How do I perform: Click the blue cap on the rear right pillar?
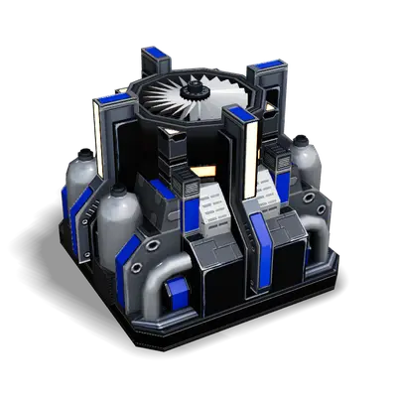[269, 65]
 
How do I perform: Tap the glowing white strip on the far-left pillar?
[97, 134]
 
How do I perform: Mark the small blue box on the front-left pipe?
[178, 290]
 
